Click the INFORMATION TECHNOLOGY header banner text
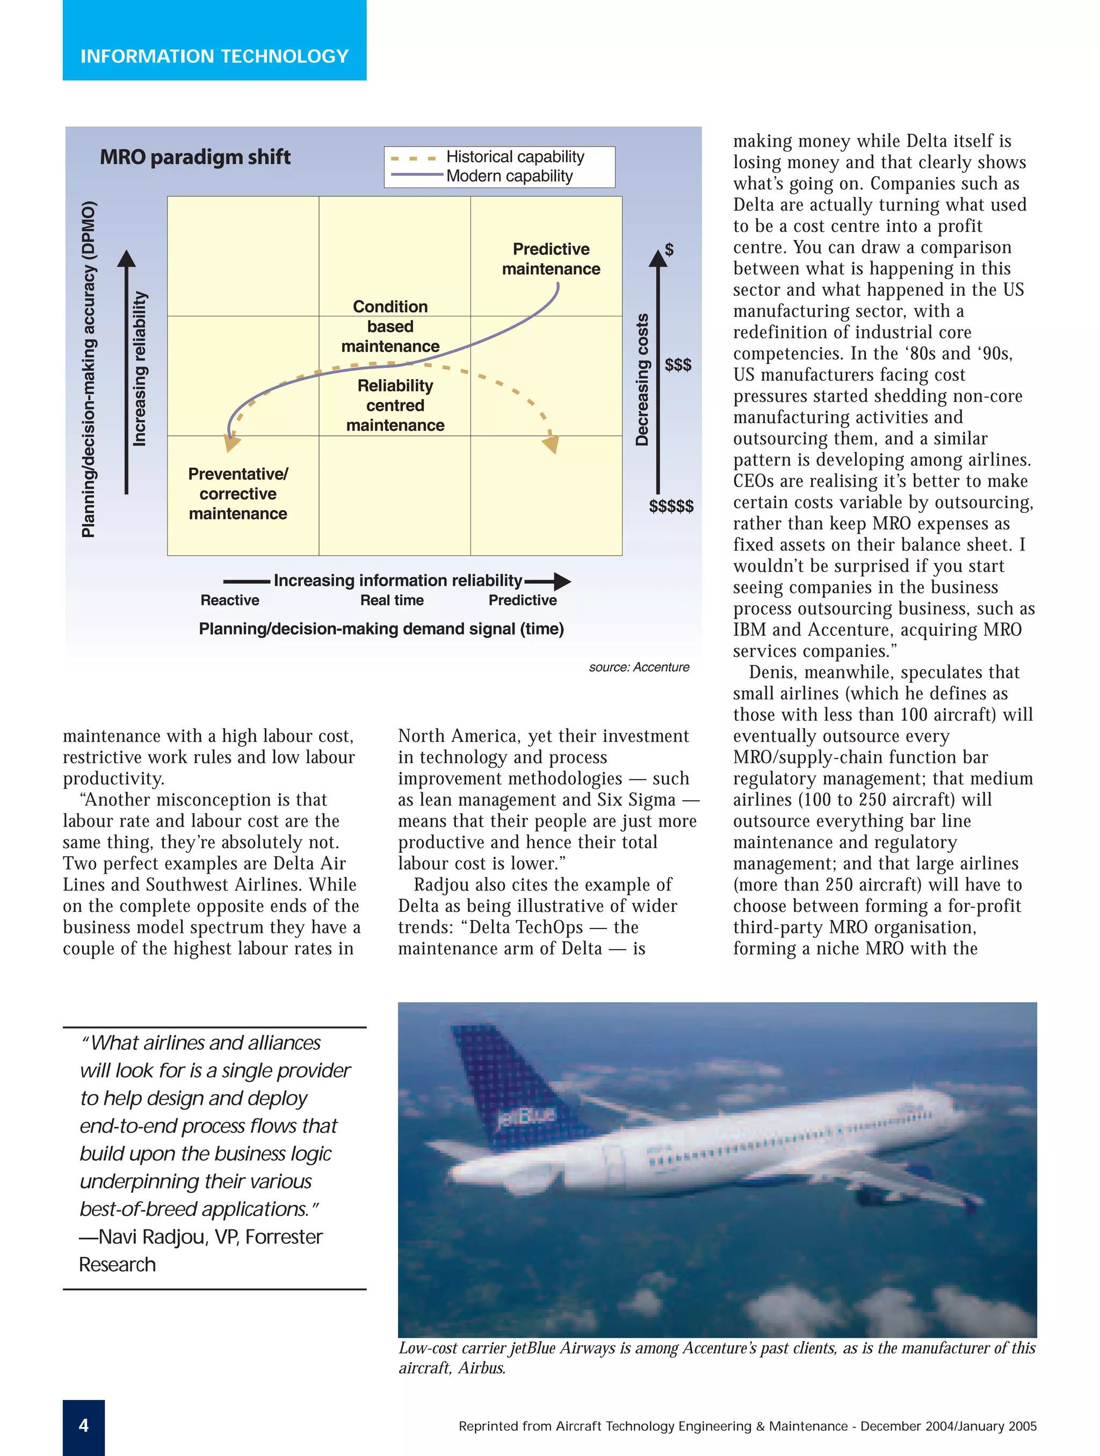214,56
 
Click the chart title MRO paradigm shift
195,157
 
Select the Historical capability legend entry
514,157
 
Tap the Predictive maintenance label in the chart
551,259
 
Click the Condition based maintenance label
390,326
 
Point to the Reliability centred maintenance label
395,405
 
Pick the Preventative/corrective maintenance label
237,493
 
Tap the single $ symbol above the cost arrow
669,249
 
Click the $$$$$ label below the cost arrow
671,505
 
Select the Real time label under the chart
392,600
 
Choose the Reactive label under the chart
230,600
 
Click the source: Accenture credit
639,667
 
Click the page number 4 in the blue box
84,1426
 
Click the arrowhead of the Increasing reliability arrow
126,259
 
